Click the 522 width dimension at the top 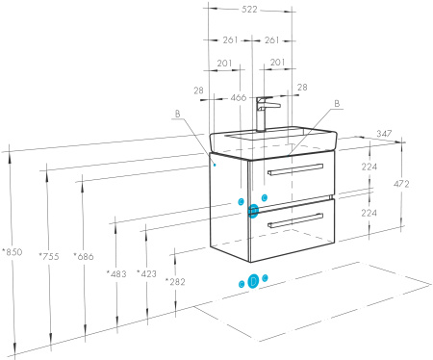point(249,10)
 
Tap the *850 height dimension point(13,252)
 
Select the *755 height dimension point(49,256)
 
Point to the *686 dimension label point(84,256)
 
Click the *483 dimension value point(116,274)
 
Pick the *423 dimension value point(146,273)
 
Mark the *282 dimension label point(175,282)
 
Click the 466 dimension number point(239,97)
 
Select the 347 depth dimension point(384,133)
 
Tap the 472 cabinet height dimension point(401,184)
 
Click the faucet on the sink point(266,114)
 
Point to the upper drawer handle point(295,169)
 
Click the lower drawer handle point(295,220)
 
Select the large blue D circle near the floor point(253,281)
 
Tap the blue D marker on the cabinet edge point(253,211)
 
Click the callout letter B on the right point(337,104)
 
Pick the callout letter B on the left point(178,114)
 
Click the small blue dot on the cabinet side point(215,165)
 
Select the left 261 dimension point(230,40)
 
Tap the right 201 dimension point(277,63)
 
